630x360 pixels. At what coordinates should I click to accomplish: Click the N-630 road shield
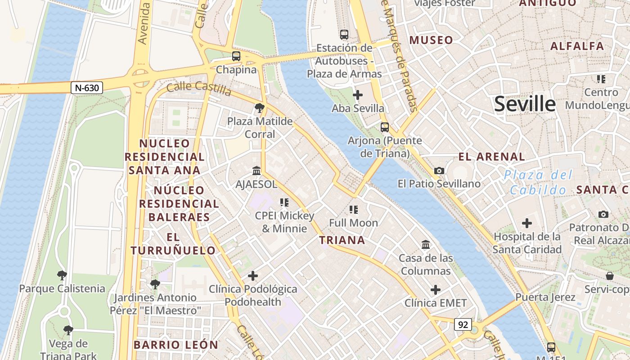pos(87,88)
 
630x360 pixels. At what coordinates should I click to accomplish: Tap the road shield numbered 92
pos(463,324)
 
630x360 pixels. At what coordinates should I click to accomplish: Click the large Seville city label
pos(525,104)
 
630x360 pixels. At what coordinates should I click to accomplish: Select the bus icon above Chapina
pos(236,56)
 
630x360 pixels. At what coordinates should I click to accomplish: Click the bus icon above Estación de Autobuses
pos(344,34)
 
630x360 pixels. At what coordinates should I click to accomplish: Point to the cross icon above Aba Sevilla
pos(358,95)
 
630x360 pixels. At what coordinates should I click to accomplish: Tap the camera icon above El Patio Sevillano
pos(439,171)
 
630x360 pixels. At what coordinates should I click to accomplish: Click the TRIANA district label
pos(342,240)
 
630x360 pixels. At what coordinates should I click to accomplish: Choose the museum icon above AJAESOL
pos(256,171)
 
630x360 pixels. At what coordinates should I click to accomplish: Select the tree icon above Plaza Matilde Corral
pos(259,108)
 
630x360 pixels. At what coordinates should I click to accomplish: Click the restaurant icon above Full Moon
pos(353,209)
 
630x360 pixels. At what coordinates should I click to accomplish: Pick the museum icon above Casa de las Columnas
pos(426,245)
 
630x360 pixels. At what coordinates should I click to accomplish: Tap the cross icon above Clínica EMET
pos(435,289)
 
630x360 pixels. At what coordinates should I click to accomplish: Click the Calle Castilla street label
pos(198,89)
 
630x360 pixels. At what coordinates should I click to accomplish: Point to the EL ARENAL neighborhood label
pos(491,157)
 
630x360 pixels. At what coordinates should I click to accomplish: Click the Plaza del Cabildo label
pos(538,182)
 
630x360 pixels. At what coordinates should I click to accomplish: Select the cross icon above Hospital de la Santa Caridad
pos(526,223)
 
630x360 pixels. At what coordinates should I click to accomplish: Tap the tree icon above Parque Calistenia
pos(62,275)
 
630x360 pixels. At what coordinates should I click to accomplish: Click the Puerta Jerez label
pos(545,297)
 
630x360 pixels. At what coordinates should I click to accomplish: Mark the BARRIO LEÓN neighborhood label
pos(175,345)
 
